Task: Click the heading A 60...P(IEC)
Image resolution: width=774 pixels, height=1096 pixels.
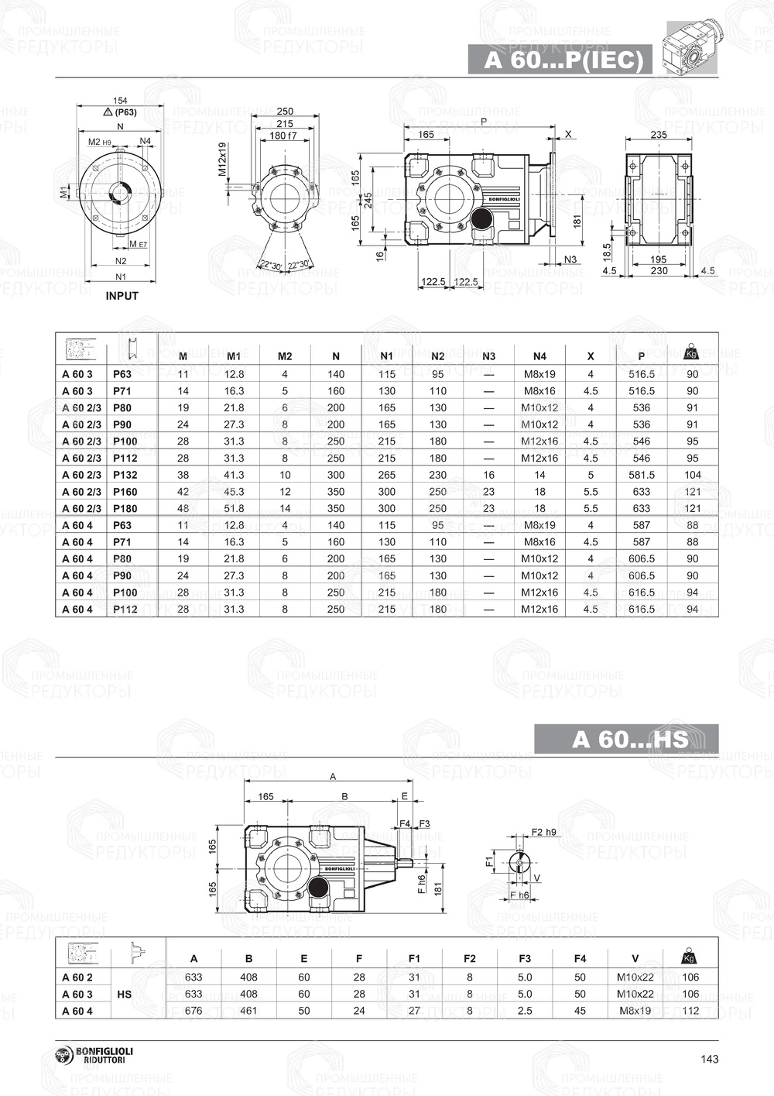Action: coord(563,60)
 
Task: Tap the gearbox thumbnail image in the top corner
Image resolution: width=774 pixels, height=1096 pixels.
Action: coord(692,48)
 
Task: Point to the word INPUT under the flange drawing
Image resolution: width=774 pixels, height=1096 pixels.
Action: coord(122,296)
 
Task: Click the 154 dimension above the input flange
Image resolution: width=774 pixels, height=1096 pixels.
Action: coord(120,101)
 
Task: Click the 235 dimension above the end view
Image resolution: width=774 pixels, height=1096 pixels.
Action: coord(658,135)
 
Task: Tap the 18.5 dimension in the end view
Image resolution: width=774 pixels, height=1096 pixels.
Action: coord(608,252)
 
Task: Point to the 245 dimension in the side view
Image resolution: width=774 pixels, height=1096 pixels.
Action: coord(369,200)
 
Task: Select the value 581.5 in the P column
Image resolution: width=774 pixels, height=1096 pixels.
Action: coord(641,475)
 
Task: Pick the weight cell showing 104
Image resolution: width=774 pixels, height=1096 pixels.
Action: coord(692,475)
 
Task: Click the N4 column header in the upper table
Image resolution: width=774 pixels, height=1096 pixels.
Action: coord(539,356)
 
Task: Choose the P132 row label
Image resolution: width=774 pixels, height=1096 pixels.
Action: coord(125,475)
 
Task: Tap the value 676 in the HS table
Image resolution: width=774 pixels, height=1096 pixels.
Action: coord(193,1011)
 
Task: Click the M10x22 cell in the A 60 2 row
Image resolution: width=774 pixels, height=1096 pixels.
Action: coord(635,977)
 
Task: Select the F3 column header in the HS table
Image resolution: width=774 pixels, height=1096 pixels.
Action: coord(525,959)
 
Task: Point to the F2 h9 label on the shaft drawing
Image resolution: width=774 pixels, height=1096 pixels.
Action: coord(544,832)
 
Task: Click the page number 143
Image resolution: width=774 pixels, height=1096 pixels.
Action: coord(709,1060)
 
